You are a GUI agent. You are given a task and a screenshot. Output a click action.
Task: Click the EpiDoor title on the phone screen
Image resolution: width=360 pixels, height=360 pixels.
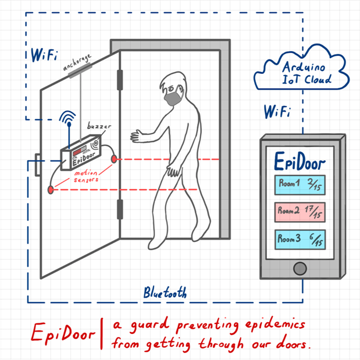[x=300, y=160]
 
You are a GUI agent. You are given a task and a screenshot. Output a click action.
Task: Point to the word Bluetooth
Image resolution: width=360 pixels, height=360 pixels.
[x=166, y=293]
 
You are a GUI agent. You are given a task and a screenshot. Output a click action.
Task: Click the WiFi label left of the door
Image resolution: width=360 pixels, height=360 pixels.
[x=45, y=56]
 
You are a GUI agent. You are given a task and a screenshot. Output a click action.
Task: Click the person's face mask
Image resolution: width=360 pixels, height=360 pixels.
[x=173, y=98]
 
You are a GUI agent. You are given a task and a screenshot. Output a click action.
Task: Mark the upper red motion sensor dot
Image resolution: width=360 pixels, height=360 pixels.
[x=115, y=159]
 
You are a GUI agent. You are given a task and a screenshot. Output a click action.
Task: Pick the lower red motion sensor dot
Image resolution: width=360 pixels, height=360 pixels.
[x=51, y=190]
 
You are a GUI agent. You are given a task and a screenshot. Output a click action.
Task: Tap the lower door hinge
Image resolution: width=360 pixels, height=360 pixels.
[x=120, y=208]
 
